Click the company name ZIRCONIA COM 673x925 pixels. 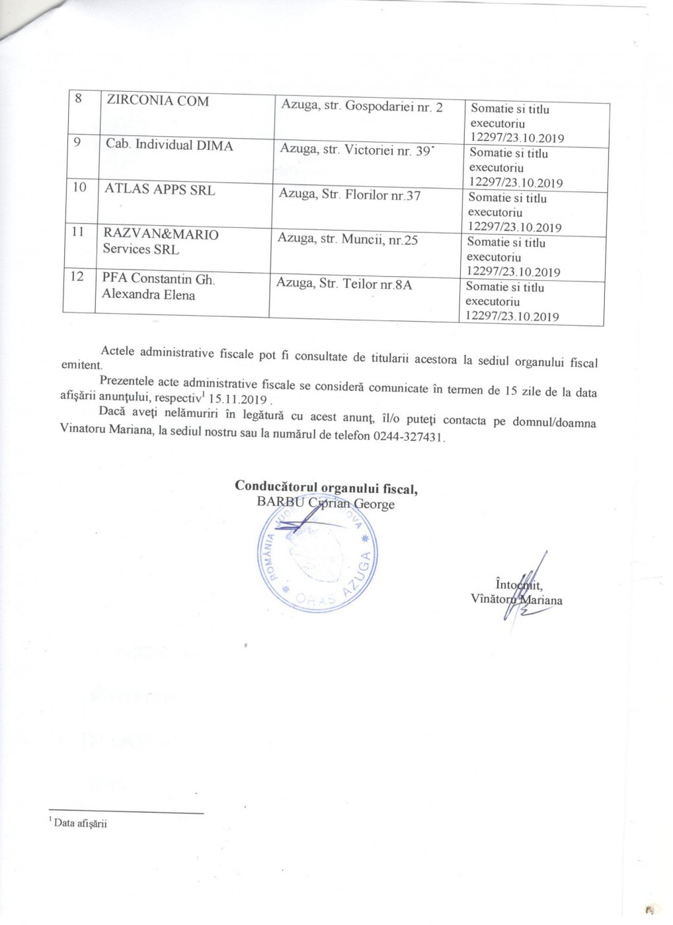157,101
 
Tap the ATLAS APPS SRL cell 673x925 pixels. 159,189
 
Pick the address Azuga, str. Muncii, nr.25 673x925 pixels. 348,240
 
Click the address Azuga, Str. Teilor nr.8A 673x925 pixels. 344,285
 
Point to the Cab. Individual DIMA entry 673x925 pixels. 169,145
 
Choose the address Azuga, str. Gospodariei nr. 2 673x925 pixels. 362,106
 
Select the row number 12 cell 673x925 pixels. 78,276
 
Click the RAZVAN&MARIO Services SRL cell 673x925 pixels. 160,242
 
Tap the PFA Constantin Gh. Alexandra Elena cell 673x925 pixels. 158,287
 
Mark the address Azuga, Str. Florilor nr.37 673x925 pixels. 349,196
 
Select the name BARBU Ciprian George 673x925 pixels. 325,504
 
